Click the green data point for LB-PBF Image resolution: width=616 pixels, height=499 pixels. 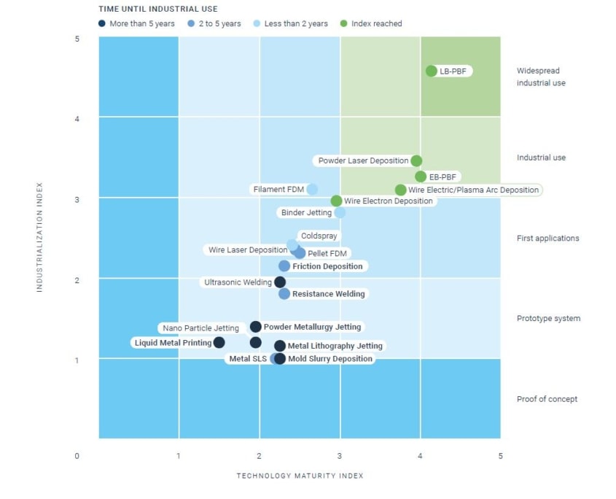(x=431, y=71)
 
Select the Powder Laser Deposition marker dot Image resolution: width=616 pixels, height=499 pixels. (x=416, y=160)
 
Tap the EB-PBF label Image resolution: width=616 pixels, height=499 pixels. (x=443, y=177)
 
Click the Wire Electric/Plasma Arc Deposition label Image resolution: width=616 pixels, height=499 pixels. (x=473, y=190)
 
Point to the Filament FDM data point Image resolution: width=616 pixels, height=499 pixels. (x=312, y=189)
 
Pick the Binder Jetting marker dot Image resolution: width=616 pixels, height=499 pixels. (x=340, y=212)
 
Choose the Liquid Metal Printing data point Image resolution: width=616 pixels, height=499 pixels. (x=219, y=342)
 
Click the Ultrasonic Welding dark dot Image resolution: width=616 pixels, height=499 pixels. (x=280, y=282)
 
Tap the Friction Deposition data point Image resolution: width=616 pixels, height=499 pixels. (x=284, y=266)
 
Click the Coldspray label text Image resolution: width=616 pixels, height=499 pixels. (x=318, y=236)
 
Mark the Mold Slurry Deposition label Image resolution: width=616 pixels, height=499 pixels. (x=330, y=359)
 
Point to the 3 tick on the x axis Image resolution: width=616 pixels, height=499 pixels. (x=340, y=456)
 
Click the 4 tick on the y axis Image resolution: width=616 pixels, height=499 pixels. (x=77, y=119)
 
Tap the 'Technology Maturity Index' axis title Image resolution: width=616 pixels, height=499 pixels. (x=300, y=476)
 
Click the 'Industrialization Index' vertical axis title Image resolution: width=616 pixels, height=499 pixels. (x=40, y=237)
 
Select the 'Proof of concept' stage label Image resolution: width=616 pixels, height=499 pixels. (x=547, y=399)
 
